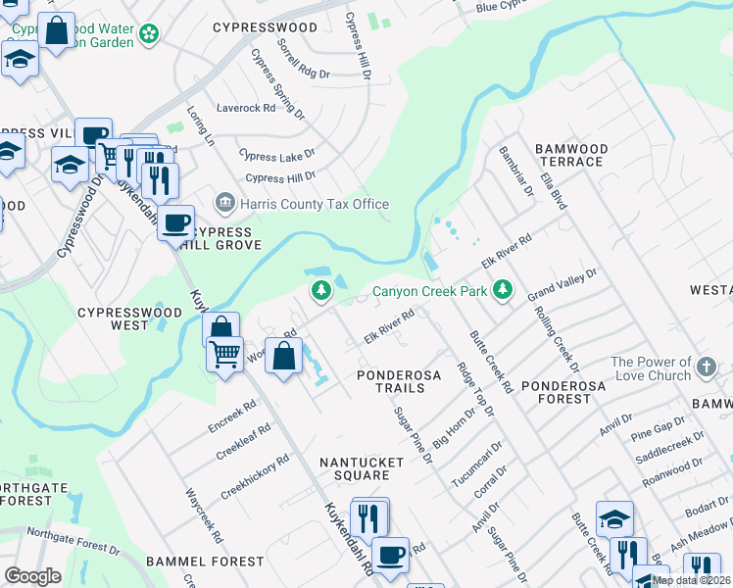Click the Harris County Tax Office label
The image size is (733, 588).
tap(313, 204)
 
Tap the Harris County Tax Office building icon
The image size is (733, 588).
tap(224, 204)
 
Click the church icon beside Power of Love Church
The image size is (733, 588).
tap(708, 368)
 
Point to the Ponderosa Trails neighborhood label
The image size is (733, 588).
tap(391, 382)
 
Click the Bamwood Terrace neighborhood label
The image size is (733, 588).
tap(571, 155)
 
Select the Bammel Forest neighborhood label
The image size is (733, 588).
tap(205, 562)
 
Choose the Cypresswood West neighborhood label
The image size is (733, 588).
tap(129, 318)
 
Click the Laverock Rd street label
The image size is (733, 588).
tap(246, 108)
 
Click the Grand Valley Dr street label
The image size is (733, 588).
tap(562, 286)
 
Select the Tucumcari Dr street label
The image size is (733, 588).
tap(477, 458)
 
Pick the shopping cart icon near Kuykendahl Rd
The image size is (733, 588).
tap(225, 353)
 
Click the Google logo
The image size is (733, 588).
tap(32, 576)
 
